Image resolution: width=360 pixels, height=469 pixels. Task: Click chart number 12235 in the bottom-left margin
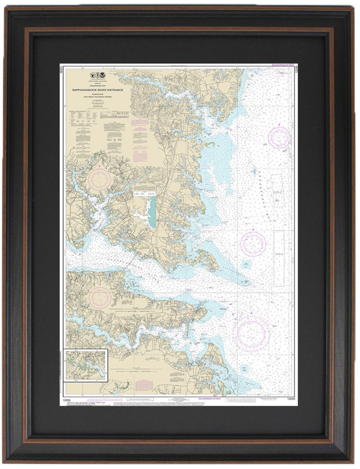coord(67,399)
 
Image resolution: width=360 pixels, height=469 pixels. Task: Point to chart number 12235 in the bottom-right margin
coord(291,399)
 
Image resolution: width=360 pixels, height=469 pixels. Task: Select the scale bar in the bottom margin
coord(240,399)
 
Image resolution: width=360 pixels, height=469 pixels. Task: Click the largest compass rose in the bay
coord(251,332)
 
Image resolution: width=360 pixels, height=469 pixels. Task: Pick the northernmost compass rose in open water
coord(279,138)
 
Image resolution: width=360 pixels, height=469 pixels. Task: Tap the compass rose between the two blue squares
coord(253,243)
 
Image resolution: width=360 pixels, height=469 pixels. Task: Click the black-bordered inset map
coord(85,365)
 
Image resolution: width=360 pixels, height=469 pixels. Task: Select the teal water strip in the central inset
coord(152,212)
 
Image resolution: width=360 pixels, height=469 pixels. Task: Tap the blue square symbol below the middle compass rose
coord(246,264)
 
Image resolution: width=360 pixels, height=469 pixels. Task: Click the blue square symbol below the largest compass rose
coord(244,369)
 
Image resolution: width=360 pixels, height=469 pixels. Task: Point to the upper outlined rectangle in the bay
coord(278,190)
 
